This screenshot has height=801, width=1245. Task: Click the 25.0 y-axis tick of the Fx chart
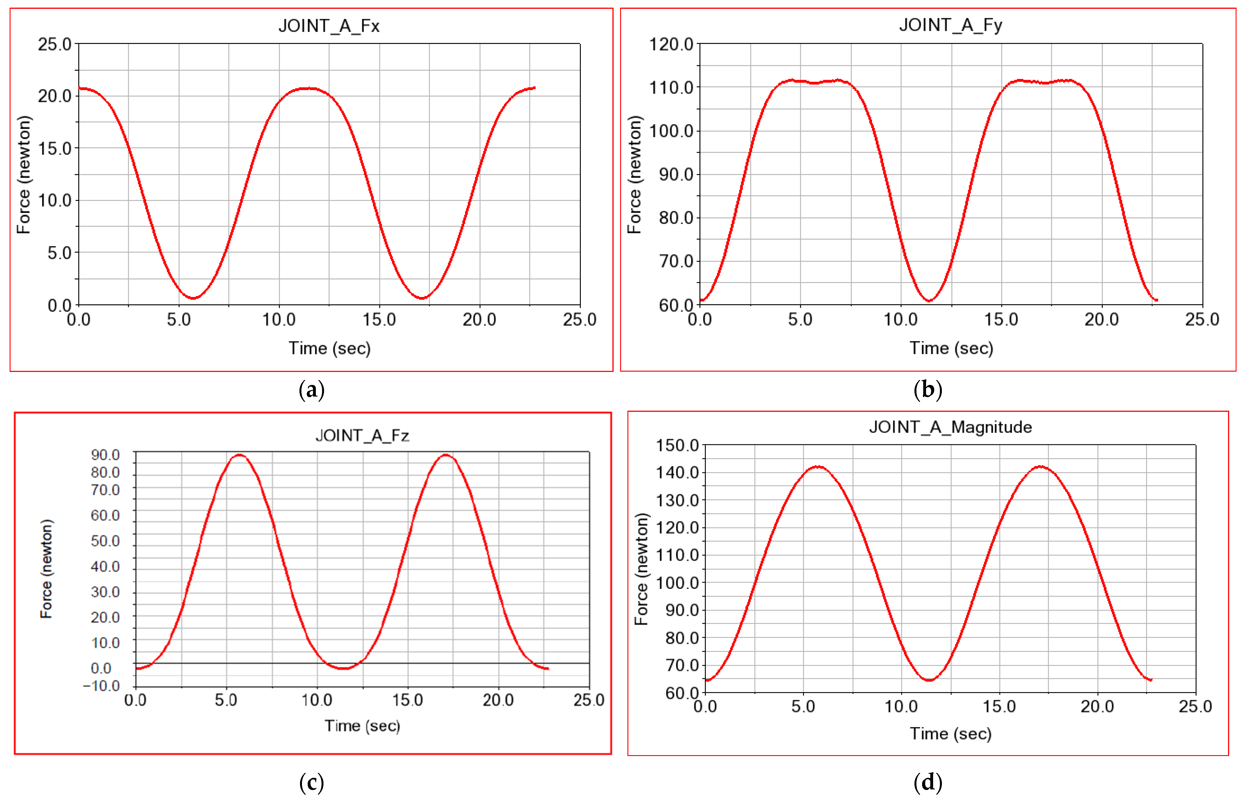click(x=55, y=44)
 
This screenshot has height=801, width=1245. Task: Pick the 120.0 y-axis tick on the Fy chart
click(x=671, y=44)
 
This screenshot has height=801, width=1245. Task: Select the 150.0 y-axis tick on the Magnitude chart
click(x=677, y=446)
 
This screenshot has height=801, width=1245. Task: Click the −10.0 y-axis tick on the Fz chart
click(x=101, y=686)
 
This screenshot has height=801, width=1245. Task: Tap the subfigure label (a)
click(x=311, y=389)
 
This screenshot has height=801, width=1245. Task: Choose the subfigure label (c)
click(x=311, y=782)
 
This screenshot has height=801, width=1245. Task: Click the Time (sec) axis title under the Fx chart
click(x=330, y=348)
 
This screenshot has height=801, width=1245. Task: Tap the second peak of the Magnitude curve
click(x=1040, y=467)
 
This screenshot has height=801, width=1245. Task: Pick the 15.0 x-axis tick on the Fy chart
click(x=1001, y=319)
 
